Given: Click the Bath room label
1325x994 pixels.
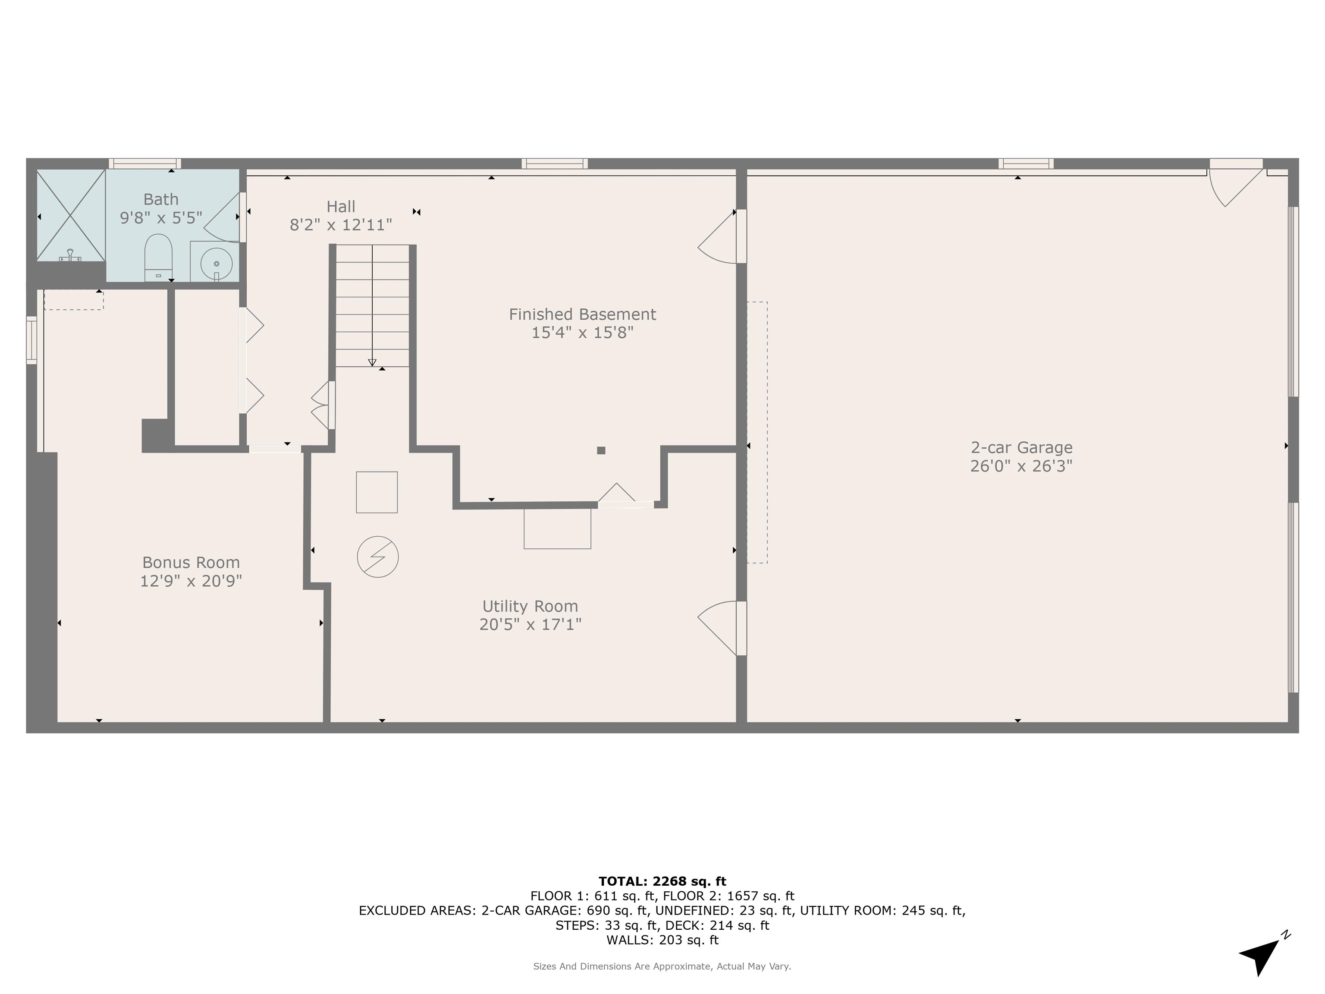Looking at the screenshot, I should (x=160, y=199).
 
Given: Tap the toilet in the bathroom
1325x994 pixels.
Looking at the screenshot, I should (x=159, y=258).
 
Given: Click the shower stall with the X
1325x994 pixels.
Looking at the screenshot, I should (x=71, y=215).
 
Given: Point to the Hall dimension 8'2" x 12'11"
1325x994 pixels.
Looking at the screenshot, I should (x=341, y=225).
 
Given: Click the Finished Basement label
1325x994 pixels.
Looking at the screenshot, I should (x=582, y=314).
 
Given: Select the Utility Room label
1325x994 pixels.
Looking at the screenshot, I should (x=530, y=606).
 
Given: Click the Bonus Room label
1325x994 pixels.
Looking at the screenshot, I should (x=191, y=562).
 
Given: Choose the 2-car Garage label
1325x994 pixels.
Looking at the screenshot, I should (x=1021, y=447).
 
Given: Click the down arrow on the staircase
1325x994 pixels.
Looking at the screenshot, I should (x=372, y=362).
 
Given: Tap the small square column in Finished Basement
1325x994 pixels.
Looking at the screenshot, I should (x=601, y=450).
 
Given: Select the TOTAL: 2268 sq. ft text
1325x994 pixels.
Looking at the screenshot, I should (x=662, y=881).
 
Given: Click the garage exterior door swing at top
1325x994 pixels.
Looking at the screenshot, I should (x=1234, y=186).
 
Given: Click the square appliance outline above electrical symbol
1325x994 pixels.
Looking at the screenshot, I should (x=377, y=492).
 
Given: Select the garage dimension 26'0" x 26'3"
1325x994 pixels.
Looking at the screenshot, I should (x=1021, y=466).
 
